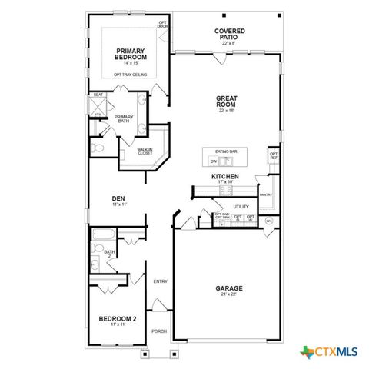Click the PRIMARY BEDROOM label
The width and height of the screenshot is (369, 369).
(130, 53)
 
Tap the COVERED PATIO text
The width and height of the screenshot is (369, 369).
(230, 35)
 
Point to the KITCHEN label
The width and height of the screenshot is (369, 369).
(225, 176)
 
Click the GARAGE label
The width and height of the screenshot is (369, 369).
(230, 289)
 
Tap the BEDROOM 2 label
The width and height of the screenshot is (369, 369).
(118, 318)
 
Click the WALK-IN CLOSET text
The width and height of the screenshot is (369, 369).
(145, 152)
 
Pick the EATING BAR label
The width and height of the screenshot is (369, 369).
(226, 152)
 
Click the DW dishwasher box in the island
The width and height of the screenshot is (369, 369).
(213, 161)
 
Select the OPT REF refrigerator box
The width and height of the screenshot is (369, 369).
(273, 157)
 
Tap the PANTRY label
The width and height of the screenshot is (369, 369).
(265, 194)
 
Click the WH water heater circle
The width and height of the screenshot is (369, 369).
(268, 221)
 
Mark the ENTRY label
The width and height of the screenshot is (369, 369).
(160, 281)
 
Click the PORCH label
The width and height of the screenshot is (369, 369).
(159, 331)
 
